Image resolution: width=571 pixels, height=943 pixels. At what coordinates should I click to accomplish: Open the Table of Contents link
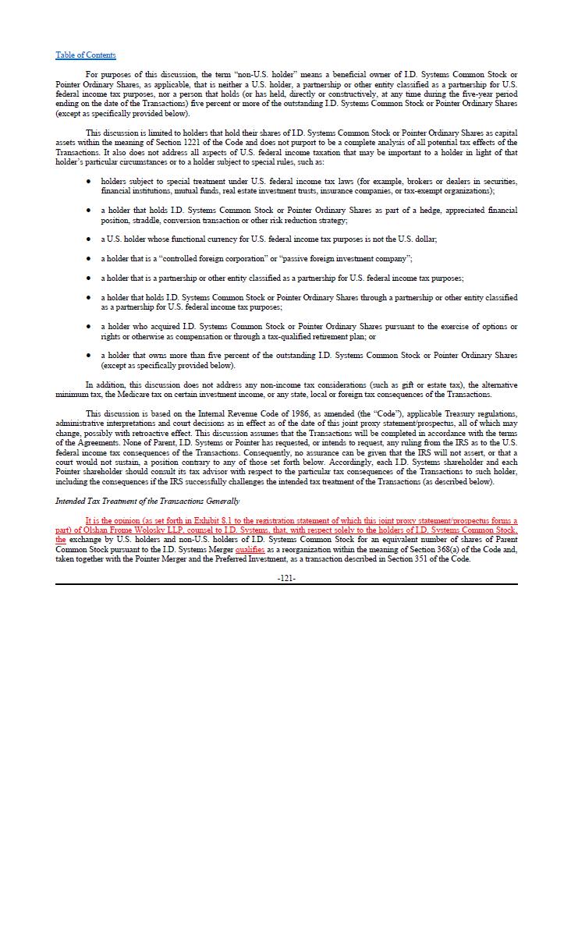click(x=85, y=55)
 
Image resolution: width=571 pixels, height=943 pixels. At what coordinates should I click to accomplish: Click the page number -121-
click(x=286, y=578)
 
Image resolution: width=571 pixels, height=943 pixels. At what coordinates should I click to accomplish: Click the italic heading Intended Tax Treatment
click(x=147, y=501)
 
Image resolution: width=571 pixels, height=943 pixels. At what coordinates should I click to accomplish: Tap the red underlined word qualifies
click(x=250, y=549)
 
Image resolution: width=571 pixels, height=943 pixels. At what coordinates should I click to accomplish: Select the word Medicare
click(x=121, y=395)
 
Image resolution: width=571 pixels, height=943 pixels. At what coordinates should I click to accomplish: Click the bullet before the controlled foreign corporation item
click(x=88, y=259)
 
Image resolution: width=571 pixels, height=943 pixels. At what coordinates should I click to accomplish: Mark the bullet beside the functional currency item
click(x=88, y=239)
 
